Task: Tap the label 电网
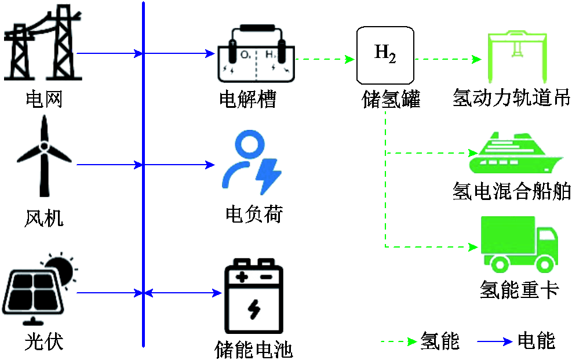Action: (x=43, y=100)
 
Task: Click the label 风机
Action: (x=44, y=219)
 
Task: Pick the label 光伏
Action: (x=44, y=342)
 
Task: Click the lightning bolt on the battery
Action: (x=253, y=311)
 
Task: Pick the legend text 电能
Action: (x=536, y=341)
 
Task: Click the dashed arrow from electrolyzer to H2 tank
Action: (x=325, y=59)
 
